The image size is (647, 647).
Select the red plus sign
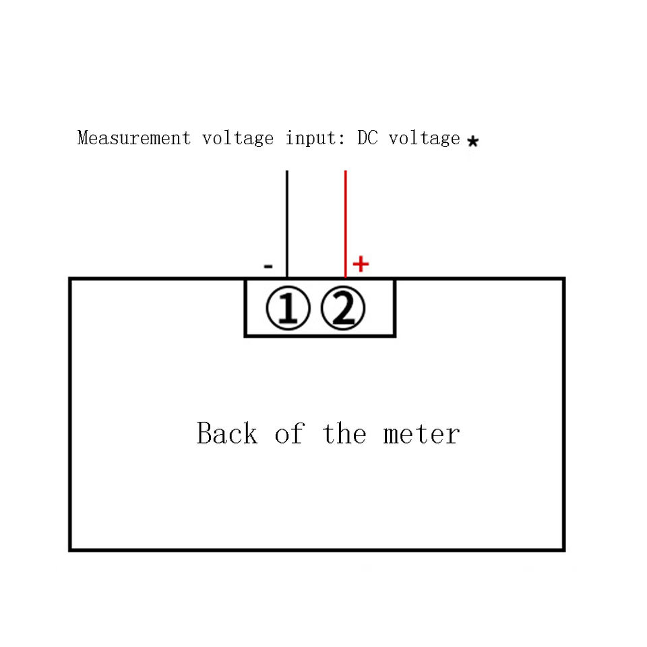click(x=361, y=264)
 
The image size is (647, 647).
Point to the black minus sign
click(x=268, y=267)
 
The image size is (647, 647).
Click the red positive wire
click(x=345, y=222)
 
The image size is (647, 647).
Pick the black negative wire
click(x=287, y=222)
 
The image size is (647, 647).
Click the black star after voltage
click(x=473, y=142)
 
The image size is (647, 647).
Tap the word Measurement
click(x=134, y=138)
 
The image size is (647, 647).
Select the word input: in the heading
click(x=316, y=139)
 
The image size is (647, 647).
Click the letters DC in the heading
click(x=367, y=138)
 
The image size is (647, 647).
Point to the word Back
click(x=227, y=433)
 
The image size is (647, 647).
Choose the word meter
click(x=422, y=433)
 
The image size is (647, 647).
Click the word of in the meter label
click(x=289, y=433)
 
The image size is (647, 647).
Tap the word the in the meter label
click(x=344, y=433)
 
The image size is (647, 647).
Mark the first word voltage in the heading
click(x=238, y=139)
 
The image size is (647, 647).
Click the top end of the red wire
click(x=345, y=172)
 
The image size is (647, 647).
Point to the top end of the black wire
click(x=287, y=172)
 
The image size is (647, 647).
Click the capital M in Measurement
click(x=83, y=138)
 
